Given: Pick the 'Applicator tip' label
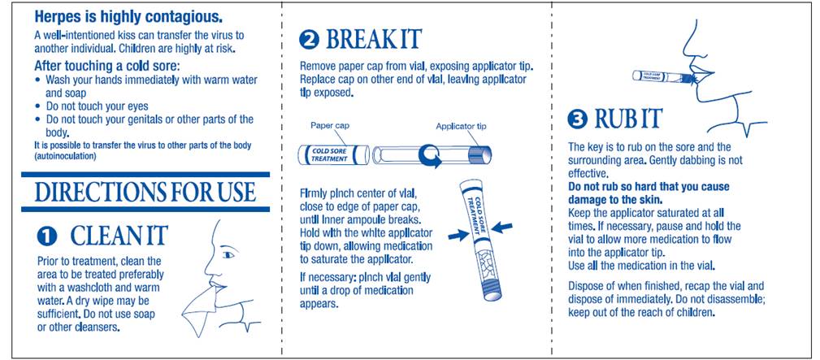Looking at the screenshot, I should point(462,126).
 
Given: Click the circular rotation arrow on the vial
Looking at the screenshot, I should point(428,155).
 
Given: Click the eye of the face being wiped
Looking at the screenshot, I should point(229,253).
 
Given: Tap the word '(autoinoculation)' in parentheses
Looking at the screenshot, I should point(65,157).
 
